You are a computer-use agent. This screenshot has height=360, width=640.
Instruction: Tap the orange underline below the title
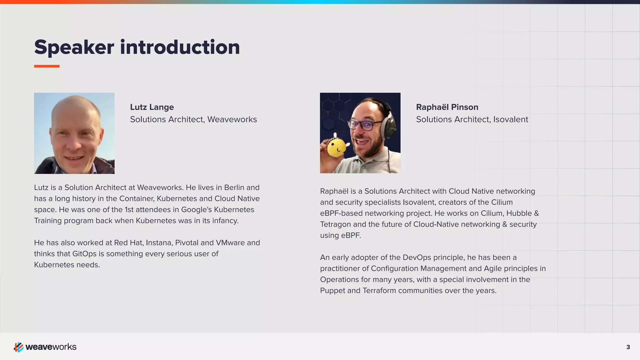click(x=47, y=66)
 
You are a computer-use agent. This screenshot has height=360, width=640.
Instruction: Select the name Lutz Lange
click(x=152, y=107)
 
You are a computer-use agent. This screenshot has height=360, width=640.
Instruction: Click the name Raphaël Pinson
click(x=447, y=107)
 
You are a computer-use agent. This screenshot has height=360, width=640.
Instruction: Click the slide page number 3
click(x=628, y=347)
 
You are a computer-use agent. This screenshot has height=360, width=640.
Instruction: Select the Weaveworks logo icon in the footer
click(x=18, y=347)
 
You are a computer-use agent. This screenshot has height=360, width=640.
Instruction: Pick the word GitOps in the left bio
click(x=84, y=254)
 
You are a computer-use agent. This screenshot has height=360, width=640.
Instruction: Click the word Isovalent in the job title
click(x=511, y=119)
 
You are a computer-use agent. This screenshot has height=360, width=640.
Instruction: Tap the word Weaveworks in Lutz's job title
click(x=232, y=119)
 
